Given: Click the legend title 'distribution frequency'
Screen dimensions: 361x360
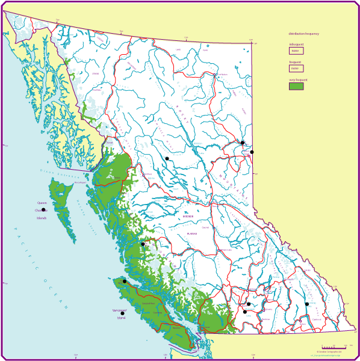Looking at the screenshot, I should coord(303,34).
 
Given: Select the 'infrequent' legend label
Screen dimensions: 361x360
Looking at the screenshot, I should coord(296,45).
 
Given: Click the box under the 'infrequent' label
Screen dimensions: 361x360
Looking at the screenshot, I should coord(296,51).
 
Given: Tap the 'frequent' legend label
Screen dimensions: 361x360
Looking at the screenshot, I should coord(295,62).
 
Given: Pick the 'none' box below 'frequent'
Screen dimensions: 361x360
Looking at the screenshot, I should coord(296,69).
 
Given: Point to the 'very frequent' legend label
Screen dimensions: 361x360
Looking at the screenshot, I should coord(298,79).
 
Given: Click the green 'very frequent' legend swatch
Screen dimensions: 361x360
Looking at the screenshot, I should coord(296,86).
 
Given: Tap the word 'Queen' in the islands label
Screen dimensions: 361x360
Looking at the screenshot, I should coord(42,203).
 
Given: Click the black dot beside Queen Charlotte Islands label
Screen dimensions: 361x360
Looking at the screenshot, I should coord(43,210).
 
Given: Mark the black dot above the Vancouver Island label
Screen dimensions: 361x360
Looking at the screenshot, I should coord(122,313).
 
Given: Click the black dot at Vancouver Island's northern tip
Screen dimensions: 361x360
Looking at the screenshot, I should coord(125,281).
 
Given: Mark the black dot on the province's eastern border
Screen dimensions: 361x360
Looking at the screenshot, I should coord(252,152).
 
